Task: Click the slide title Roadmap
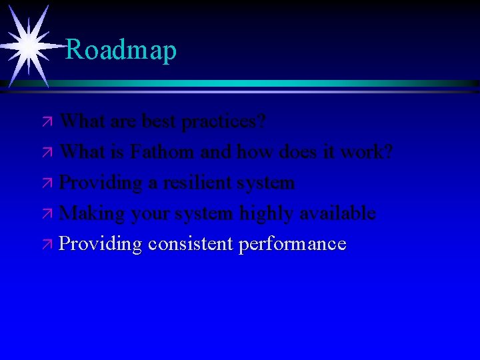[x=121, y=50]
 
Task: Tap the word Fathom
[x=163, y=152]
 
